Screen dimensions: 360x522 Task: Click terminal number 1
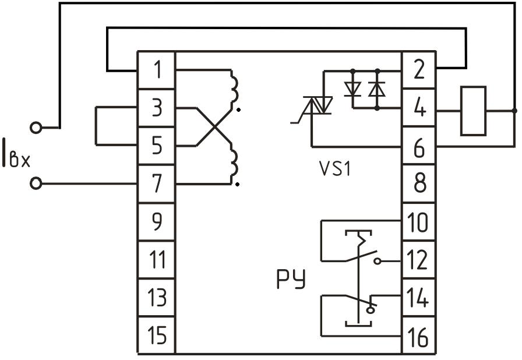tap(156, 70)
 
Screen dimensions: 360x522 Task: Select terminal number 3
tap(156, 108)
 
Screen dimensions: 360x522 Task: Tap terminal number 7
tap(156, 183)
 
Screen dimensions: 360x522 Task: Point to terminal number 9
tap(156, 222)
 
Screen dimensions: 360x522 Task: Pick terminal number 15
tap(156, 336)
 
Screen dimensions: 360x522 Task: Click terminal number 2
tap(418, 70)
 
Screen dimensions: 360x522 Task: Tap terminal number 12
tap(418, 261)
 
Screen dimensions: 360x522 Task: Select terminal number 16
tap(418, 336)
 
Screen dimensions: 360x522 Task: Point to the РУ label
tap(291, 280)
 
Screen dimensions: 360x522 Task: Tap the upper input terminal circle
tap(36, 128)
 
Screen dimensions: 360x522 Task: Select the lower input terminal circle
tap(36, 183)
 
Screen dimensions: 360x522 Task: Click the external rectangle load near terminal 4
tap(473, 111)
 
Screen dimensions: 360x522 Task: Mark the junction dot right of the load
tap(514, 110)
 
